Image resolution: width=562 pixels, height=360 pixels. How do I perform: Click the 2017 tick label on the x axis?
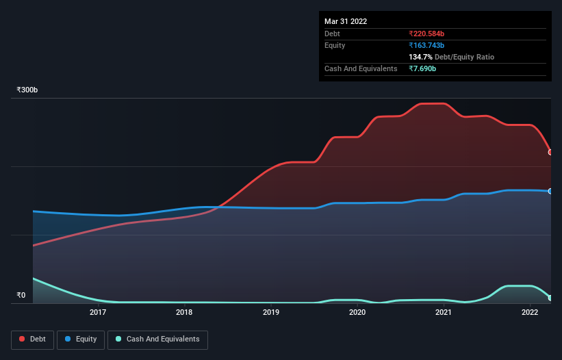(x=98, y=313)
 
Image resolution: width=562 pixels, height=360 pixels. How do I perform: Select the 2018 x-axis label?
(x=184, y=313)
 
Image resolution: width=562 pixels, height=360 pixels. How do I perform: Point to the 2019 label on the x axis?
(x=271, y=313)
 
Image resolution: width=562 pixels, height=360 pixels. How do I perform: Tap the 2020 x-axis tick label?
(x=357, y=313)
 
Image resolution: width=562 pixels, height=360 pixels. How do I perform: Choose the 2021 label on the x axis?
(x=444, y=313)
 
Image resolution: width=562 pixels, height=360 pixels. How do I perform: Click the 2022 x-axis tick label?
(x=530, y=313)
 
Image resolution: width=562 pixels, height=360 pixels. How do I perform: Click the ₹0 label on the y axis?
(x=21, y=296)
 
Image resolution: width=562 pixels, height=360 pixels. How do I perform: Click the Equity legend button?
(x=81, y=339)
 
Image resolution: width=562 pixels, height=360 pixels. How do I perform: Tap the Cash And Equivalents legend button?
(x=157, y=339)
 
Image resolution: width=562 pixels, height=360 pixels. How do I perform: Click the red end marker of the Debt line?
(x=550, y=152)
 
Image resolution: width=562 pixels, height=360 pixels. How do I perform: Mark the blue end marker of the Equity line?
(x=550, y=191)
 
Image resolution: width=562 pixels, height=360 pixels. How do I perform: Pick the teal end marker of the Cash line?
(x=550, y=298)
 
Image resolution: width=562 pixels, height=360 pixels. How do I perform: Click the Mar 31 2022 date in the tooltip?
(x=346, y=21)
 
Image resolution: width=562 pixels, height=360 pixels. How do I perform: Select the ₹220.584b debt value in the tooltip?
(x=426, y=34)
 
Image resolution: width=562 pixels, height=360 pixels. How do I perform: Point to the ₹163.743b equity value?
(x=426, y=45)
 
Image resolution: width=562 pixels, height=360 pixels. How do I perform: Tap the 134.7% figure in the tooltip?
(x=420, y=57)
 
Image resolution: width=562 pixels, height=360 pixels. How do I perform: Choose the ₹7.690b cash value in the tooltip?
(x=422, y=68)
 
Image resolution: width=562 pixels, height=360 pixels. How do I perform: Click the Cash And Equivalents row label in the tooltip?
(x=361, y=68)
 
